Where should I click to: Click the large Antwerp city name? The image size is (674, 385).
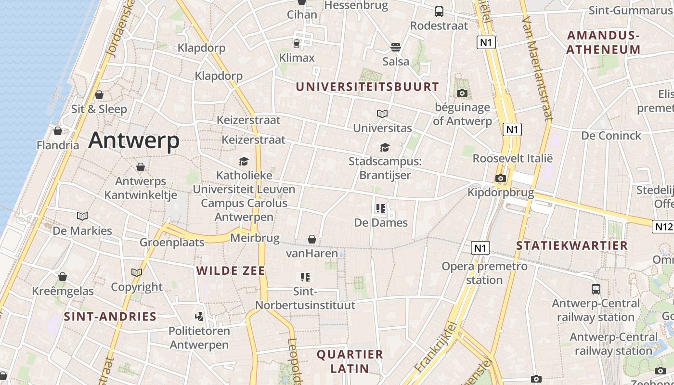pyautogui.click(x=134, y=141)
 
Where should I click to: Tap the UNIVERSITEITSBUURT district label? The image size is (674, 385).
pyautogui.click(x=367, y=87)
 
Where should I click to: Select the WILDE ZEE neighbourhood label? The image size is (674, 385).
pyautogui.click(x=231, y=271)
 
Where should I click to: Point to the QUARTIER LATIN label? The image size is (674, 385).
pyautogui.click(x=350, y=361)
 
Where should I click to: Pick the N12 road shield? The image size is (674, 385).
pyautogui.click(x=663, y=226)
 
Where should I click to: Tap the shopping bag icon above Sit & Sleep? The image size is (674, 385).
pyautogui.click(x=99, y=95)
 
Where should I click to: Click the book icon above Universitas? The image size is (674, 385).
pyautogui.click(x=382, y=114)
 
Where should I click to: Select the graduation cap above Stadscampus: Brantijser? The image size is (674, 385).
pyautogui.click(x=385, y=147)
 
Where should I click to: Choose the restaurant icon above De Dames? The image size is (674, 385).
pyautogui.click(x=381, y=209)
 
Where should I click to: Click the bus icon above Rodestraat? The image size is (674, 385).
pyautogui.click(x=439, y=12)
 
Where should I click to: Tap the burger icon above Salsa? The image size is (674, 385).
pyautogui.click(x=396, y=47)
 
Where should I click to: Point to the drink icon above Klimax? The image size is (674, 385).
pyautogui.click(x=297, y=44)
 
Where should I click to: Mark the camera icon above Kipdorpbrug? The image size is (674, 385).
pyautogui.click(x=501, y=179)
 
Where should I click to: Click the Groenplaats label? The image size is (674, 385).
pyautogui.click(x=172, y=242)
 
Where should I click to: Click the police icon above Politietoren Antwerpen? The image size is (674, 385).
pyautogui.click(x=199, y=317)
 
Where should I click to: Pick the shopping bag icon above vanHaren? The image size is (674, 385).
pyautogui.click(x=312, y=239)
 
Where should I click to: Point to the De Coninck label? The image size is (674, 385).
pyautogui.click(x=611, y=136)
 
